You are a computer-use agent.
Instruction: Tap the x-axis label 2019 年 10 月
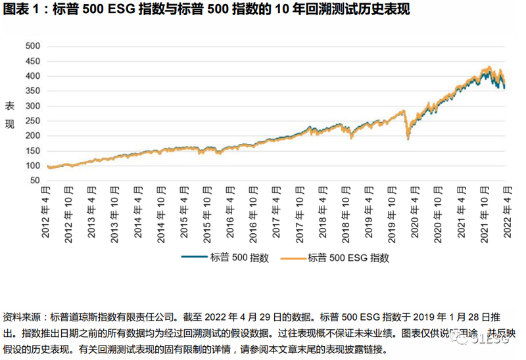(x=392, y=212)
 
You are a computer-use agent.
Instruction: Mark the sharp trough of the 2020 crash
(x=408, y=139)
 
